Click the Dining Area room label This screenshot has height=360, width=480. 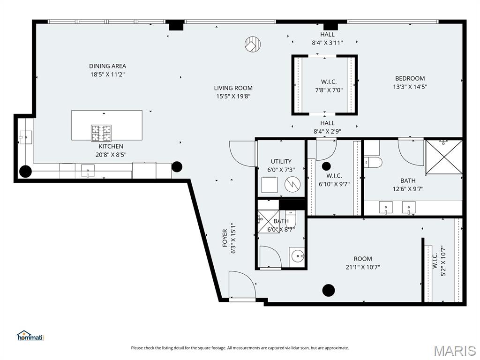[x=107, y=66]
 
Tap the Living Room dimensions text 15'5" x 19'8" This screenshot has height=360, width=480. [x=233, y=96]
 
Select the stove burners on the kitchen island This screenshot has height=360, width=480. [x=101, y=133]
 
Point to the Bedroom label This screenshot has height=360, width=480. [x=410, y=78]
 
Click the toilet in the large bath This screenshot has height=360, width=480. [x=374, y=162]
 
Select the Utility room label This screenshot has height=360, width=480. [x=281, y=161]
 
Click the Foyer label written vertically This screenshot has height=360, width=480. [x=225, y=238]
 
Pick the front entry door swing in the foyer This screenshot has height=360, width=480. [x=241, y=285]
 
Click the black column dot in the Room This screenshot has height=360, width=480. [x=329, y=290]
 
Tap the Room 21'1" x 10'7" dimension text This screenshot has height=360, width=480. [x=363, y=267]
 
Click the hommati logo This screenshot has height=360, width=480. [x=30, y=336]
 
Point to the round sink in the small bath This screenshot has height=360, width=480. [x=297, y=256]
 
